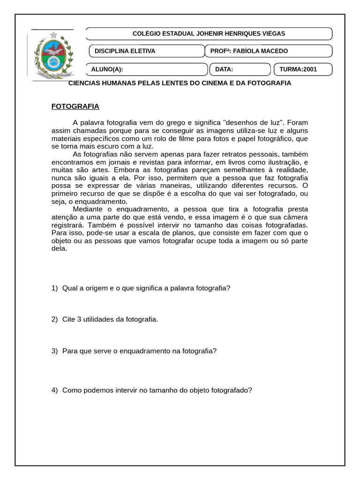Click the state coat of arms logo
pos(53,54)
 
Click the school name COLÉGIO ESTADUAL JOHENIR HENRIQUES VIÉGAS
pos(209,34)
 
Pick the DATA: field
pos(240,69)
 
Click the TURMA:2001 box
pos(302,69)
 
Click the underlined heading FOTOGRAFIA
pos(75,106)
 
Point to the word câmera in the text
pos(295,217)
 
